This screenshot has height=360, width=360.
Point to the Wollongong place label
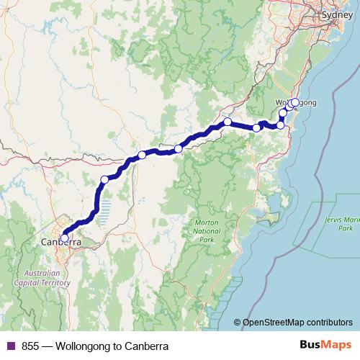297,103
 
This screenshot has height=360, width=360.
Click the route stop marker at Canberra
64,238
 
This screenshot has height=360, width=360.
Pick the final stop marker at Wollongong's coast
295,102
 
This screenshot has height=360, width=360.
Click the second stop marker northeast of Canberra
142,155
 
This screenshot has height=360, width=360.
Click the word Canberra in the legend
145,346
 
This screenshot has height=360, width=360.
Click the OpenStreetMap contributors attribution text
299,323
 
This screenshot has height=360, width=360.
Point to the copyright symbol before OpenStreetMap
238,323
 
